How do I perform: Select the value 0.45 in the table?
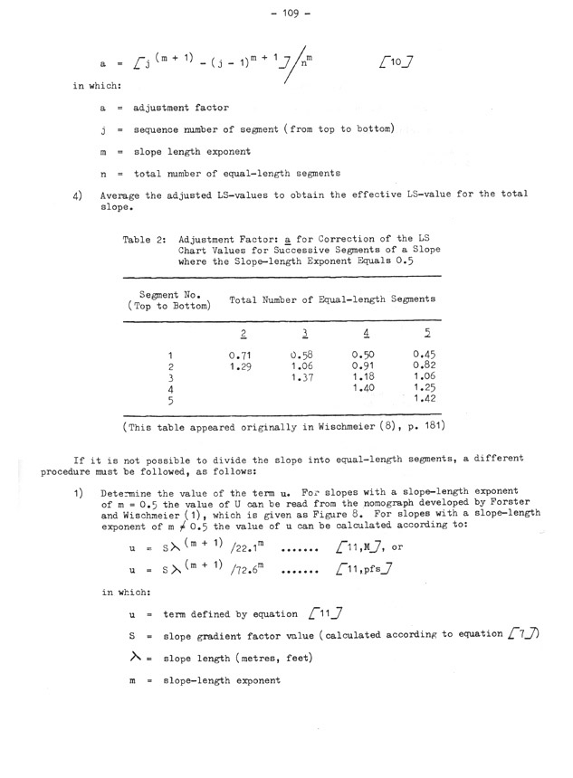click(x=424, y=354)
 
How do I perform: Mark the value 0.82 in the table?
click(x=424, y=365)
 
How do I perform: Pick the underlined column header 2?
click(x=241, y=331)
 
